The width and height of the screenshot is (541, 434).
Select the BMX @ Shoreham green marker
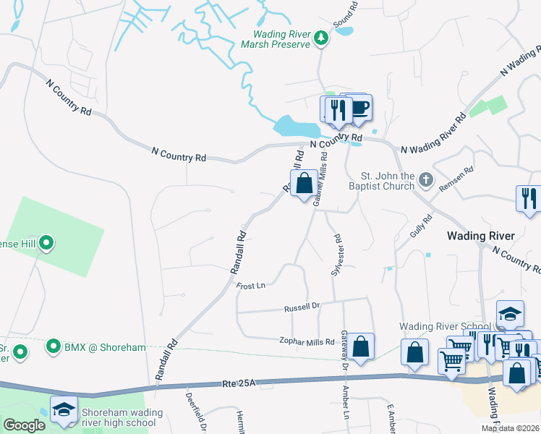tap(53, 347)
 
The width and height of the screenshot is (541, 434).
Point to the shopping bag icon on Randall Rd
tap(304, 184)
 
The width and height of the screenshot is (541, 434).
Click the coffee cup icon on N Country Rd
tap(358, 109)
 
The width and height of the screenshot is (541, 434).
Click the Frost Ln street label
tap(251, 286)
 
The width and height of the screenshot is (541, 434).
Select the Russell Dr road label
tap(302, 306)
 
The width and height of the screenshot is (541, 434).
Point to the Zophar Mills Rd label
tap(307, 341)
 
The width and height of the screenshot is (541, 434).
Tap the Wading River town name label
tap(480, 236)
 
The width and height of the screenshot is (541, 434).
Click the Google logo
tap(23, 425)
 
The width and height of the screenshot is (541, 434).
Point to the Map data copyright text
tap(510, 428)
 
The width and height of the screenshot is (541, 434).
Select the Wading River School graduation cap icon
tap(510, 312)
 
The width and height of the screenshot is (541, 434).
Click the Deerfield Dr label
tap(194, 411)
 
